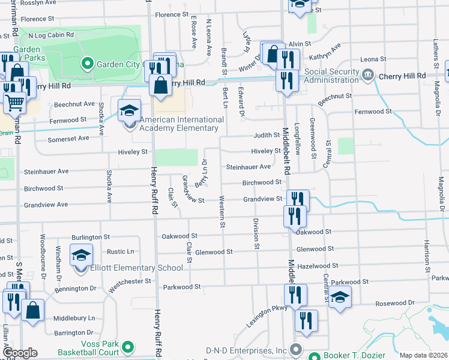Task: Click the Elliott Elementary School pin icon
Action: pyautogui.click(x=81, y=256)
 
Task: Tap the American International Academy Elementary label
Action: pyautogui.click(x=179, y=124)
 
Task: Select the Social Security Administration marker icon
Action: pyautogui.click(x=369, y=76)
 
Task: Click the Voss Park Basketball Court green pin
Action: pyautogui.click(x=127, y=346)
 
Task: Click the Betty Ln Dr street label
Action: pyautogui.click(x=204, y=171)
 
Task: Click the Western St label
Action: pyautogui.click(x=222, y=212)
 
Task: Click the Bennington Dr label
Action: pyautogui.click(x=75, y=289)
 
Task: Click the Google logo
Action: pyautogui.click(x=20, y=353)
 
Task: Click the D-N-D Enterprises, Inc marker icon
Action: pyautogui.click(x=295, y=349)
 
